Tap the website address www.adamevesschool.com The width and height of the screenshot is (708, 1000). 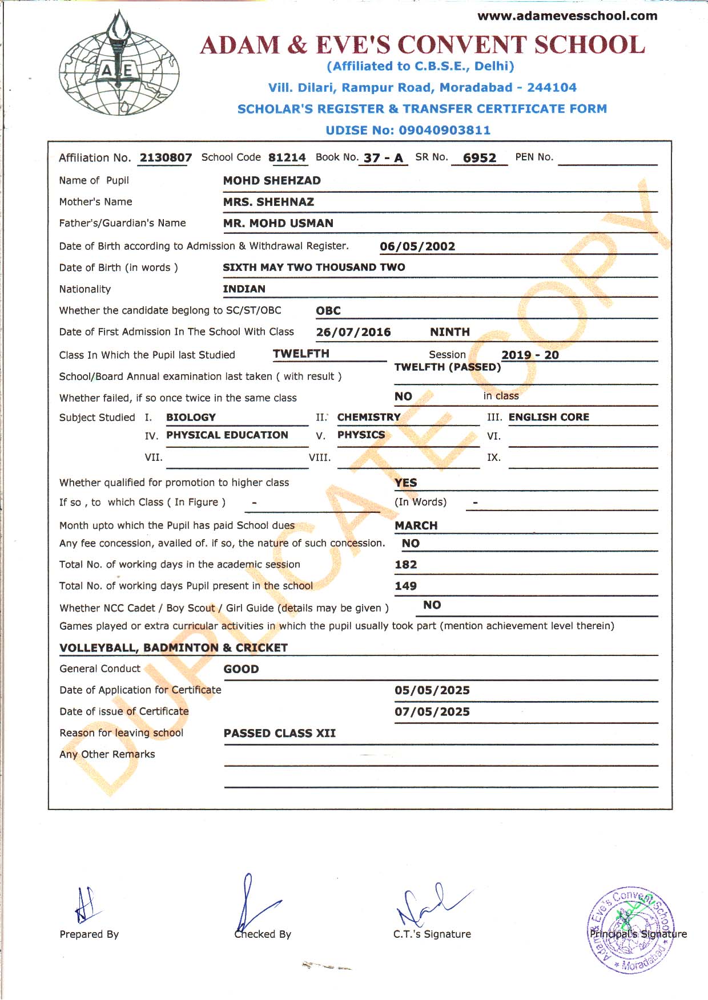coord(567,16)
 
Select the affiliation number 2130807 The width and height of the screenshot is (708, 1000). coord(166,157)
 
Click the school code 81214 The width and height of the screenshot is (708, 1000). coord(287,157)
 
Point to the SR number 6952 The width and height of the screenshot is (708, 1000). coord(480,158)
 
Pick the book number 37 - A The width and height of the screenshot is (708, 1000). coord(383,158)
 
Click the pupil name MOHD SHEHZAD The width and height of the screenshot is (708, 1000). coord(272,181)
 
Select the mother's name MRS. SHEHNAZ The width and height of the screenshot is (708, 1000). coord(268,202)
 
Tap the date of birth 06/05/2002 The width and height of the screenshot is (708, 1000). coord(417,246)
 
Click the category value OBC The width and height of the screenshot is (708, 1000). coord(328,311)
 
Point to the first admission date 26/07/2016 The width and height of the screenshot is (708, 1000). coord(353,332)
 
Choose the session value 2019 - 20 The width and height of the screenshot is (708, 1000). coord(530,355)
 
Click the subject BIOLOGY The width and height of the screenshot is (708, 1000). coord(191,418)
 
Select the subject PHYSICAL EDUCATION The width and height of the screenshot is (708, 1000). coord(227,435)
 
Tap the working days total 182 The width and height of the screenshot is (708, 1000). coord(406,565)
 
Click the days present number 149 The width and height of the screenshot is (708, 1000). coord(406,586)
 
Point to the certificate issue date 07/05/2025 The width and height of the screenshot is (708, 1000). coord(432,712)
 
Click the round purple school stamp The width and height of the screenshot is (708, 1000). coord(631,930)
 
